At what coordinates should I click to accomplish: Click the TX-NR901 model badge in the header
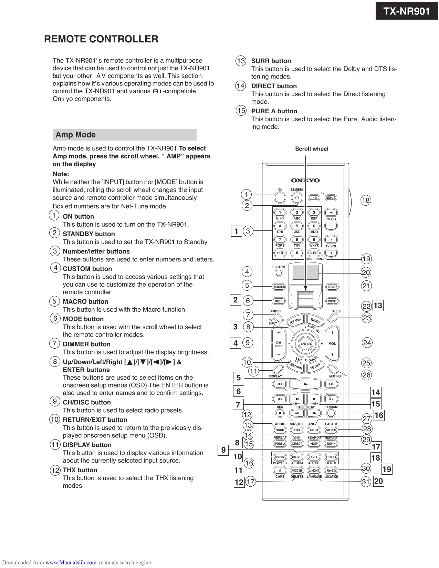(407, 11)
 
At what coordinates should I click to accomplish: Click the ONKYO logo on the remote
(305, 180)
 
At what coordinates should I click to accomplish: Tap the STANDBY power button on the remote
(297, 198)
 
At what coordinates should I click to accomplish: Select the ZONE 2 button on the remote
(332, 287)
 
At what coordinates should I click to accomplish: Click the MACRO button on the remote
(279, 287)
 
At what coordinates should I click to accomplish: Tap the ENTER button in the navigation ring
(305, 344)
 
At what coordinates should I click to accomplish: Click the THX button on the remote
(297, 430)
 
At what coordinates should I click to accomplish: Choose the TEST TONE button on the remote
(280, 457)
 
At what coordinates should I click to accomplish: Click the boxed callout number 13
(378, 306)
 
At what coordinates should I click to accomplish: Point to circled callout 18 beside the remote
(366, 200)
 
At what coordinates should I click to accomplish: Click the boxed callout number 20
(378, 481)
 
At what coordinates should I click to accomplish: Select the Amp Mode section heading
(76, 135)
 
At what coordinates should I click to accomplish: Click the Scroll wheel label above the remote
(312, 149)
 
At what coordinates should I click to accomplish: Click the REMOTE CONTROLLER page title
(101, 39)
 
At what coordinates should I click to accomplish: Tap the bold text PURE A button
(274, 111)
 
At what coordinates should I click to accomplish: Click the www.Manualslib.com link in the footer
(71, 562)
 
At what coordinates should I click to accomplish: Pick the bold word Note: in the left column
(61, 174)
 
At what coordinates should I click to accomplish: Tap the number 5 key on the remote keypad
(297, 226)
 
